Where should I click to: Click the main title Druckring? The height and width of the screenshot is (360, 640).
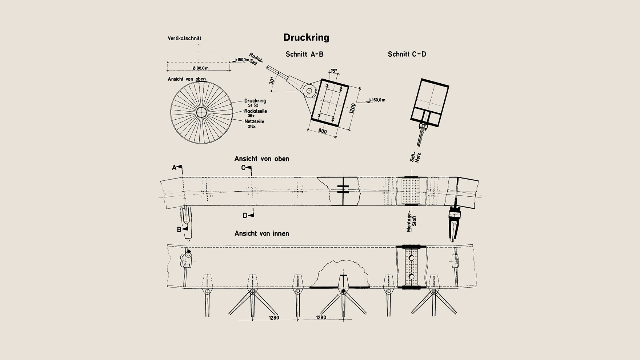click(x=306, y=38)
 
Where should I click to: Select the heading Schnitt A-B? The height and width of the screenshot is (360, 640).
click(x=304, y=54)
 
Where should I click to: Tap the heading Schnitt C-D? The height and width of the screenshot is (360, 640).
click(x=407, y=54)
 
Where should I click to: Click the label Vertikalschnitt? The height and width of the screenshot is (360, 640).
click(x=184, y=38)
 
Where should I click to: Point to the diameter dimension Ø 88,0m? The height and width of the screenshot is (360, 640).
click(x=200, y=68)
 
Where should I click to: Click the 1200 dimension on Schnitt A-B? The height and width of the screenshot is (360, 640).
click(x=352, y=108)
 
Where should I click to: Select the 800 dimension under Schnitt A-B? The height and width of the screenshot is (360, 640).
click(x=322, y=131)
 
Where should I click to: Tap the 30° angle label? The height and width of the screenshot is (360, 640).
click(x=272, y=80)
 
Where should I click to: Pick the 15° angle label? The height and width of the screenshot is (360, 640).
click(x=334, y=71)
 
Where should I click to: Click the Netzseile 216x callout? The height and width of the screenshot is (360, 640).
click(x=254, y=124)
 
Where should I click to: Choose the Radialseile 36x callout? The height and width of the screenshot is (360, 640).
click(x=255, y=113)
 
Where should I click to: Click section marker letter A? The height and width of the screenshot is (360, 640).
click(x=174, y=168)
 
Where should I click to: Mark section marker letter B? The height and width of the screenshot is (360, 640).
click(x=179, y=230)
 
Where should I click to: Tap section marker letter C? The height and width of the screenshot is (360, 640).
click(x=243, y=168)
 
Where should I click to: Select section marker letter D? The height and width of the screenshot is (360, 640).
click(x=245, y=216)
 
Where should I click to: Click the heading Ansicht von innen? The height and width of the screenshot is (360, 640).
click(x=262, y=233)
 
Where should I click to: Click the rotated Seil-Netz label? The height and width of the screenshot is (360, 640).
click(x=415, y=157)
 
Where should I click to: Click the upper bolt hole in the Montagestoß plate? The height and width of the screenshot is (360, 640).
click(x=411, y=258)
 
